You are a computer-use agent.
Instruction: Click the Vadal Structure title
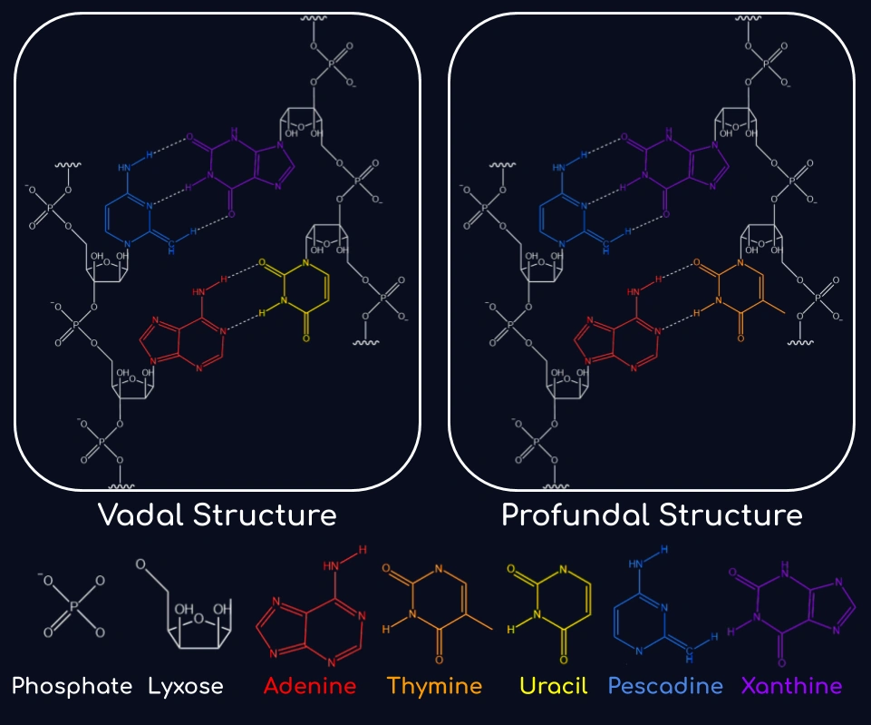[x=217, y=515]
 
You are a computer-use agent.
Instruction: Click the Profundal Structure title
[x=652, y=515]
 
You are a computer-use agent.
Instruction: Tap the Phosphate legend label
[x=73, y=686]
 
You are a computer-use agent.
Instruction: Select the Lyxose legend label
[x=186, y=686]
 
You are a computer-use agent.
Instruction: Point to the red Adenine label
[x=310, y=686]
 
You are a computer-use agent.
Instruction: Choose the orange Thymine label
[x=434, y=686]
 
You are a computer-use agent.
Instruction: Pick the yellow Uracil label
[x=546, y=686]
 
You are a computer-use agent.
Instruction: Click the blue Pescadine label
[x=665, y=686]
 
